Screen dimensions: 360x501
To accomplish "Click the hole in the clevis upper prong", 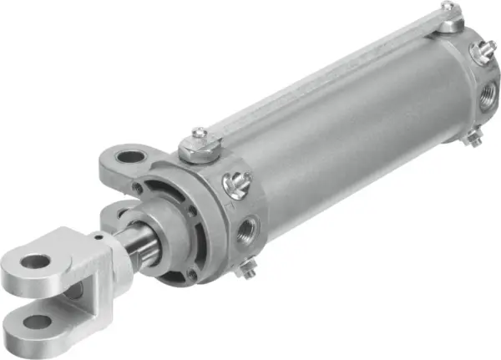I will tap(35, 261).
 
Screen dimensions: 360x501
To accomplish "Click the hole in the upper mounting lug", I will tap(130, 155).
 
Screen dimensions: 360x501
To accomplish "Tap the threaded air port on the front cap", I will tap(248, 229).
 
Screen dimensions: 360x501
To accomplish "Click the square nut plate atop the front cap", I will tap(199, 150).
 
